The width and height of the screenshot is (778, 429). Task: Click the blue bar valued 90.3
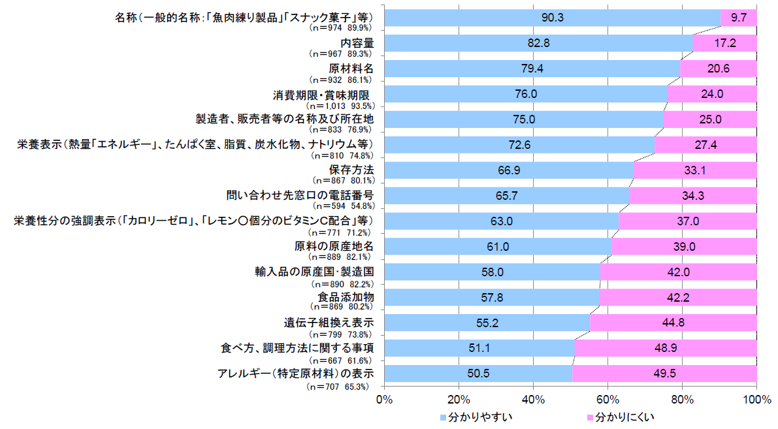point(552,18)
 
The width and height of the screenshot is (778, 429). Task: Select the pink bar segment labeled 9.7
point(739,18)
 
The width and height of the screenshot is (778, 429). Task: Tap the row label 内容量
point(357,43)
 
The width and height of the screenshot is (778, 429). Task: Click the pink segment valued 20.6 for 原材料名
point(719,69)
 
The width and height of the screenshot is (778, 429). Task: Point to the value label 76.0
point(526,94)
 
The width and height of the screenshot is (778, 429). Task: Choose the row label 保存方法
point(351,170)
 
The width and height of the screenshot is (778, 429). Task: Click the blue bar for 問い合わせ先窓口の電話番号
point(507,196)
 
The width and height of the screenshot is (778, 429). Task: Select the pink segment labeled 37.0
point(689,221)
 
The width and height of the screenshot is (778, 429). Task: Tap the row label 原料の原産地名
point(334,246)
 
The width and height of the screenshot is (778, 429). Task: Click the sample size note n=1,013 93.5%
point(340,106)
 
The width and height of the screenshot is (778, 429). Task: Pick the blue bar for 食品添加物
point(492,298)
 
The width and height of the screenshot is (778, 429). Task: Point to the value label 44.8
point(673,323)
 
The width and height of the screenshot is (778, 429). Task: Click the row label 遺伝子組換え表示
point(329,323)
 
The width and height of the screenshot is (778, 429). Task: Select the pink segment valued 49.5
point(665,373)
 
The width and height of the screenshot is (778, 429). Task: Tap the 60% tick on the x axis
point(608,399)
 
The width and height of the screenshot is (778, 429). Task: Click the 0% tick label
point(385,399)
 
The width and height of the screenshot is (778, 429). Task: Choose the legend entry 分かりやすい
point(476,418)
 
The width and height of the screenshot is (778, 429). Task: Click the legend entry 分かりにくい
point(620,418)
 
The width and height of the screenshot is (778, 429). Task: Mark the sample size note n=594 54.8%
point(342,206)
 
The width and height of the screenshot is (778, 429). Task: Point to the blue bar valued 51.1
point(479,348)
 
